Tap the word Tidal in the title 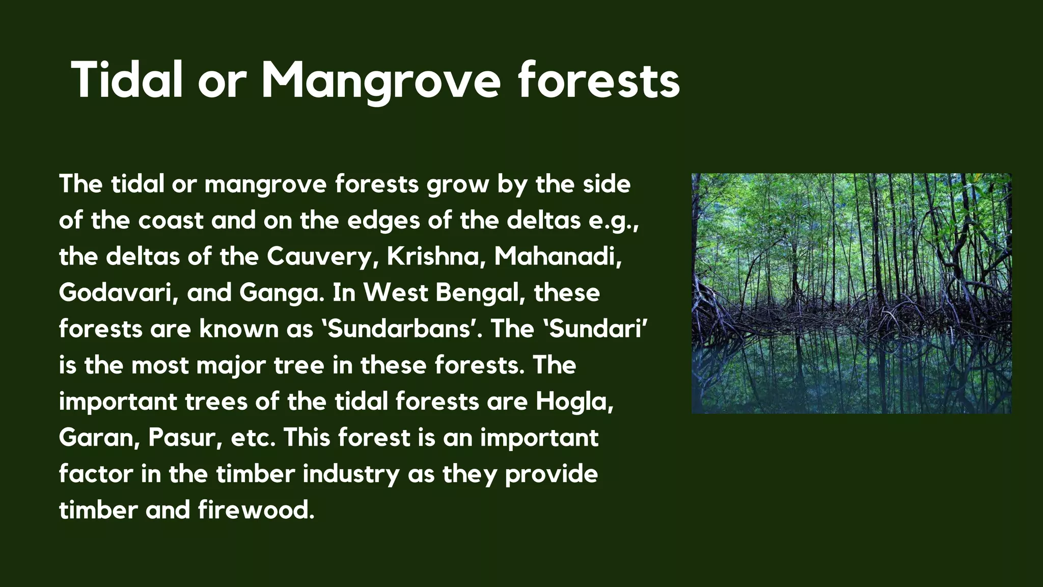[127, 81]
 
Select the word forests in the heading [599, 81]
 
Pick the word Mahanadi [558, 257]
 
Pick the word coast [171, 221]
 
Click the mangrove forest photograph [851, 293]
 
